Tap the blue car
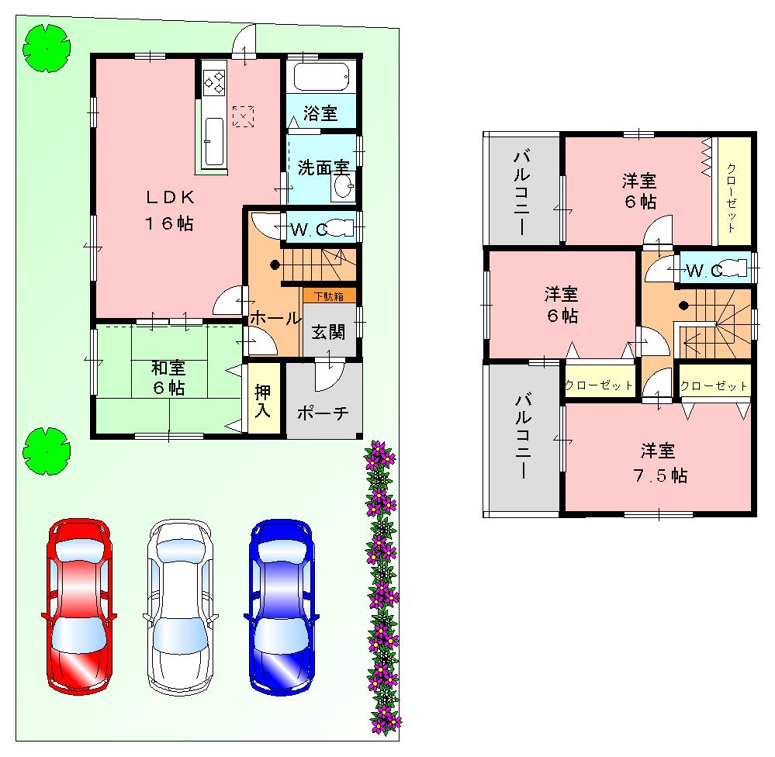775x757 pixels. [x=282, y=606]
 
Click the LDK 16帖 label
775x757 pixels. [x=167, y=210]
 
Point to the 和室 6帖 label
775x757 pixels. [x=167, y=377]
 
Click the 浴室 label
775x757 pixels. [x=320, y=113]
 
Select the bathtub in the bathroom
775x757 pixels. [x=323, y=78]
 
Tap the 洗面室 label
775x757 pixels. [x=320, y=166]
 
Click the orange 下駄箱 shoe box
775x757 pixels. [x=330, y=296]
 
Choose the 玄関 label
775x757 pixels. [x=329, y=332]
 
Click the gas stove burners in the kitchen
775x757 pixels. [x=214, y=81]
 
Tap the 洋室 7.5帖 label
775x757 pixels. [x=658, y=463]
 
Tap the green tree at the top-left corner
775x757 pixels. [x=47, y=48]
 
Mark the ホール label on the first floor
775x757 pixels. [x=275, y=317]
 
